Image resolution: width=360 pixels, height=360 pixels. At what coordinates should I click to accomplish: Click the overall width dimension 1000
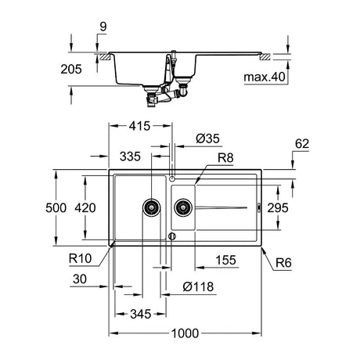click(x=185, y=333)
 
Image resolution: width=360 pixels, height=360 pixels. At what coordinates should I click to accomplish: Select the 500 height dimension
click(x=56, y=208)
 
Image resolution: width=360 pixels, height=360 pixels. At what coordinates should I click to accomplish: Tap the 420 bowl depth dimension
click(x=85, y=208)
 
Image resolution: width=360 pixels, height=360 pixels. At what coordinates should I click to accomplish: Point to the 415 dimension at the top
click(x=139, y=126)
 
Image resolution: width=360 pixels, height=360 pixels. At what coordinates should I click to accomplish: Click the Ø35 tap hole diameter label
click(x=207, y=139)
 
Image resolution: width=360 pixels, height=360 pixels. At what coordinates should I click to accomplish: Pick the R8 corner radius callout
click(x=225, y=158)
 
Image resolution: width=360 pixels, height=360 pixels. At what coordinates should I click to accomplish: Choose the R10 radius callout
click(x=81, y=258)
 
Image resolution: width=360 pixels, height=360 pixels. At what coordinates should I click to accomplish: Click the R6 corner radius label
click(x=283, y=263)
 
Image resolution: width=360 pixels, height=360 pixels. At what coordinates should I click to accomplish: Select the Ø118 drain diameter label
click(x=198, y=286)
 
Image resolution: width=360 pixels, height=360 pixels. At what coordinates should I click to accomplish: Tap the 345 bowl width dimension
click(x=141, y=314)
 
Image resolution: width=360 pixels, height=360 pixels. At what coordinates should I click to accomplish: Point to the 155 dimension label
click(x=225, y=260)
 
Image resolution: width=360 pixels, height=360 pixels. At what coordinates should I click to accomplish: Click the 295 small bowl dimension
click(x=278, y=208)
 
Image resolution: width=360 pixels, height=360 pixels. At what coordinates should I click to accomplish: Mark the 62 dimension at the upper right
click(x=302, y=144)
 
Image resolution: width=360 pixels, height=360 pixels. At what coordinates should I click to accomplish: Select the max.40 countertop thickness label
click(x=265, y=77)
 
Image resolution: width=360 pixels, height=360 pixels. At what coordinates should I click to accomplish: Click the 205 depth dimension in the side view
click(x=71, y=70)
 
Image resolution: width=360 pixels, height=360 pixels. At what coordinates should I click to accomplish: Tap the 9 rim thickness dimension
click(x=103, y=27)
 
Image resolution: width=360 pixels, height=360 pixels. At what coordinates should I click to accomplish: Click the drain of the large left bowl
click(x=152, y=207)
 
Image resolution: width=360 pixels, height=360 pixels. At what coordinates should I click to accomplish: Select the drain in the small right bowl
click(x=183, y=207)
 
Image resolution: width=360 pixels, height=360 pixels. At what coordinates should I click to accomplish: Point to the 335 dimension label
click(x=130, y=157)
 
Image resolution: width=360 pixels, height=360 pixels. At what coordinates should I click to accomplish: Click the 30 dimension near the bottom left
click(x=80, y=279)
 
